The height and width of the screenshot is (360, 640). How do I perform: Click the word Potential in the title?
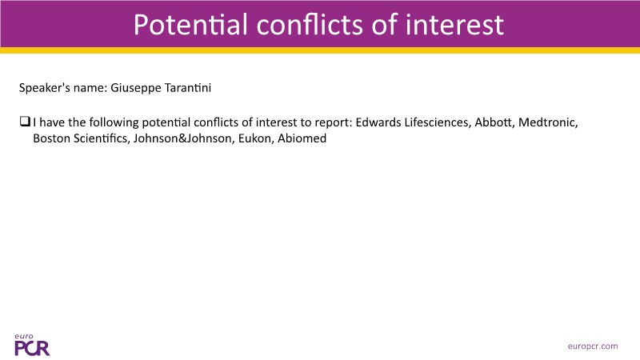[190, 25]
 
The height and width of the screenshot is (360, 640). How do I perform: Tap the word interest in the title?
[454, 25]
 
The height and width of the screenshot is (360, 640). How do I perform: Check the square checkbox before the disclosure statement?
[25, 122]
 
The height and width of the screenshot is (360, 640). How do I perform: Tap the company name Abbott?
[494, 122]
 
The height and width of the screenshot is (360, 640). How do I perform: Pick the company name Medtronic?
[548, 122]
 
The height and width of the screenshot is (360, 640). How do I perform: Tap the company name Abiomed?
[302, 138]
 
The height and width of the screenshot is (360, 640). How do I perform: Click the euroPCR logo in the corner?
[32, 345]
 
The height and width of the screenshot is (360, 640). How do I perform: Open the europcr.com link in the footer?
[593, 346]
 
